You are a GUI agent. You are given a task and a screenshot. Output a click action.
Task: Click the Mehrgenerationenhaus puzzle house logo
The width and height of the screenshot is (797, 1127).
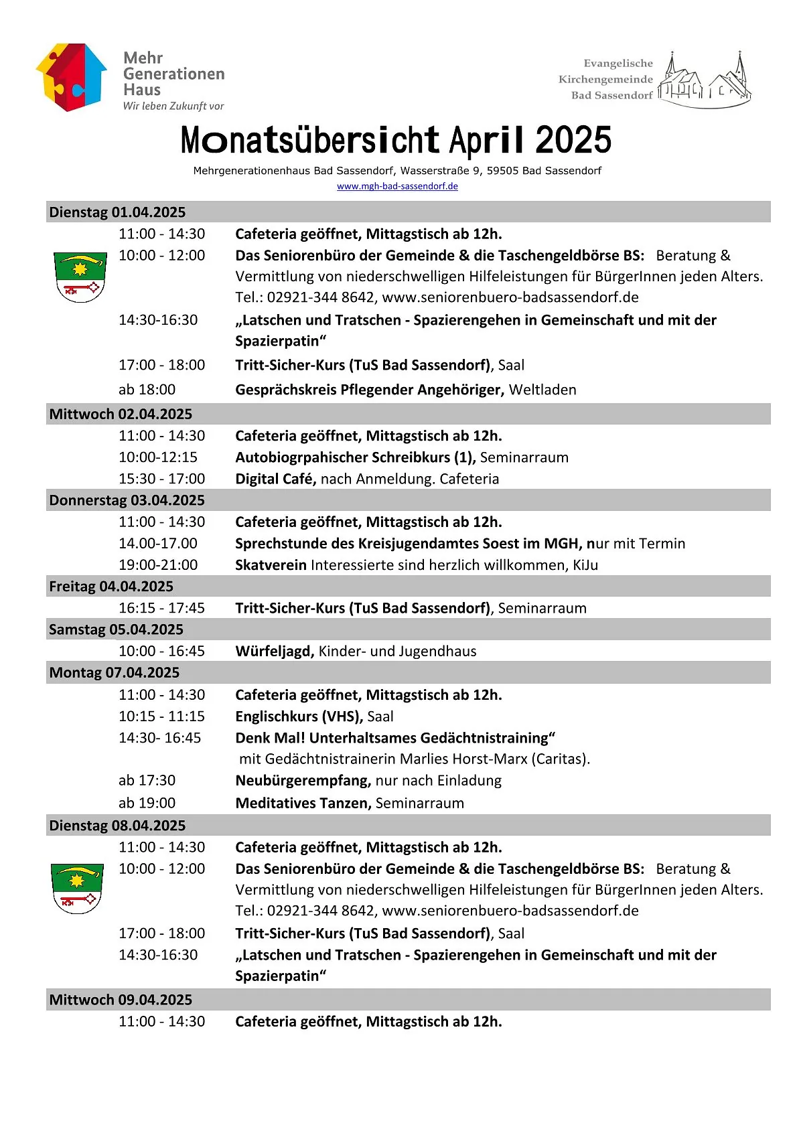coord(71,77)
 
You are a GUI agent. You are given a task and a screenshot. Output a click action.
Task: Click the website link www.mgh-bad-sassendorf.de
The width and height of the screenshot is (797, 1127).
coord(397,186)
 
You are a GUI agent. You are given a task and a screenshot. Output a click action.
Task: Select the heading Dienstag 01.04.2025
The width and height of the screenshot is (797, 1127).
coord(117,212)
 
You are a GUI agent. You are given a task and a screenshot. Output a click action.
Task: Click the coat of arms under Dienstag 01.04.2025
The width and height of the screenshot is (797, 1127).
coord(80,277)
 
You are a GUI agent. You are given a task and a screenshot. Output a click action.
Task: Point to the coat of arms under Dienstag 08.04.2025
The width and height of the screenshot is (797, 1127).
coord(77,889)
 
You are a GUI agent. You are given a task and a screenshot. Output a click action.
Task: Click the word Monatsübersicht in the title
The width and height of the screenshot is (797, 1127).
coord(309,141)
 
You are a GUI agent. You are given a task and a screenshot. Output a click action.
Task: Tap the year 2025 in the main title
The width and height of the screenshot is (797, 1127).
coord(573,141)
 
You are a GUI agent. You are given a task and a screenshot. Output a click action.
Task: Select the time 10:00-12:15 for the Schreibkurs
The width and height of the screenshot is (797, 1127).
coord(158,457)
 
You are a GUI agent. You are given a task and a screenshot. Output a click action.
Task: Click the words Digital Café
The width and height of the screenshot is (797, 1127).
coord(275,479)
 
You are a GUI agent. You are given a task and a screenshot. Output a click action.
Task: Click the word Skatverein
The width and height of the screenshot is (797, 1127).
coord(271,565)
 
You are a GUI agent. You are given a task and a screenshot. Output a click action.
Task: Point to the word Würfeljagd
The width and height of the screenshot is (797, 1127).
coord(275,652)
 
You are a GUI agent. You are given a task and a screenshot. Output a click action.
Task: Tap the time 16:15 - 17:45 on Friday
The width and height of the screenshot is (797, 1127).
coord(161,608)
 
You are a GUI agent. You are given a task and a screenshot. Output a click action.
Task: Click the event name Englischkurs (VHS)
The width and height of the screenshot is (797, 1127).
coord(299,717)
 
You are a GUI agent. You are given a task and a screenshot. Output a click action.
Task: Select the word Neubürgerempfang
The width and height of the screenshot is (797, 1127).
coord(303,781)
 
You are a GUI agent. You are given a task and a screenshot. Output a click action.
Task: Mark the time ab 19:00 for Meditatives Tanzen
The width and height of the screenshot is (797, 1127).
coord(147,803)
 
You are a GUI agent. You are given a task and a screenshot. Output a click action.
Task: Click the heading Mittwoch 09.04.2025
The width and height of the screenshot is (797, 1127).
coord(121,1000)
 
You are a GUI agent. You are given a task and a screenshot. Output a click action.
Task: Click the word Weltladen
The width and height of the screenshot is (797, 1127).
coord(542,390)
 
